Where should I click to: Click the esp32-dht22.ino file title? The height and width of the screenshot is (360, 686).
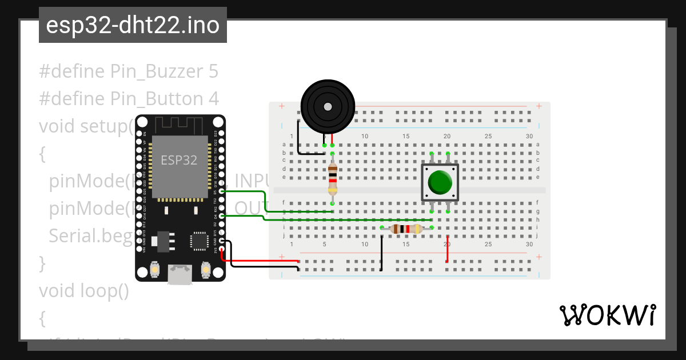[133, 26]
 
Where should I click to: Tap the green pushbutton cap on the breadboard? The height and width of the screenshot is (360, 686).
[440, 182]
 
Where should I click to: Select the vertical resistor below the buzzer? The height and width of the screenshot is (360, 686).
[332, 178]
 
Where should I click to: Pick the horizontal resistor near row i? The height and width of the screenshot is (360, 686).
[406, 229]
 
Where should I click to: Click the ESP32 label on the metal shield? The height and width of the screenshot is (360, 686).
[178, 160]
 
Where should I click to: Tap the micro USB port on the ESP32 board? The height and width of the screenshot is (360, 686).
[180, 274]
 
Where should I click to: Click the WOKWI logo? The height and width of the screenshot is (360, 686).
[607, 315]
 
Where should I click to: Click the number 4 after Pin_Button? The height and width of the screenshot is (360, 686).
[213, 99]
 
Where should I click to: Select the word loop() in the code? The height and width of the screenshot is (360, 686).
[108, 291]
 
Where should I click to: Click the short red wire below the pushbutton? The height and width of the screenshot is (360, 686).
[447, 249]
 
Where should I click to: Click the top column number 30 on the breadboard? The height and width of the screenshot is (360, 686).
[529, 136]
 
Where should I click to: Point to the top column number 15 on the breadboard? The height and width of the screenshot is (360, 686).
[406, 136]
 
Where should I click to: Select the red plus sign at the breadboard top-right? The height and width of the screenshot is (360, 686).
[539, 106]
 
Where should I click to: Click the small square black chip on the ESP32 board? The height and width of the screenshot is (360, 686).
[199, 240]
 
